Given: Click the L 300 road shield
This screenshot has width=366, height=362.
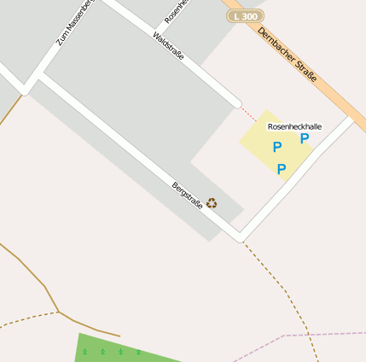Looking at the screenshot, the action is [246, 16].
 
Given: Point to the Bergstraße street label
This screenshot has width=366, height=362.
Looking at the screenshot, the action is [187, 196].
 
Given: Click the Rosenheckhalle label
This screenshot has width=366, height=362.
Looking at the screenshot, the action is [294, 126].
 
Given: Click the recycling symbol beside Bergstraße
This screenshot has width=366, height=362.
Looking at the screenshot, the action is [212, 203].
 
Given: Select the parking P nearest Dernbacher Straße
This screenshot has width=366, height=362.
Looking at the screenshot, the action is [304, 138].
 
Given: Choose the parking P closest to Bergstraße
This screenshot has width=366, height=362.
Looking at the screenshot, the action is [282, 168].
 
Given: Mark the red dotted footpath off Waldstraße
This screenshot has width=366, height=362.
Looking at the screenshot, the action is [247, 113].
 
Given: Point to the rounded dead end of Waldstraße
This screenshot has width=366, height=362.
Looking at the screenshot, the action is [236, 103].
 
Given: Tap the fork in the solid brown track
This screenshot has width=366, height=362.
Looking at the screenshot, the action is [58, 312].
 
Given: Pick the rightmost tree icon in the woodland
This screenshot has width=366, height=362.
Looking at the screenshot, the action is [139, 352].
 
